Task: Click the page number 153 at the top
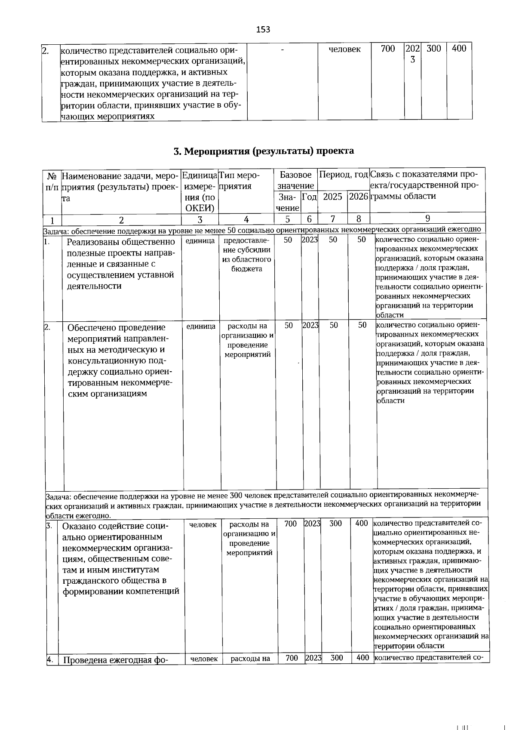(x=263, y=29)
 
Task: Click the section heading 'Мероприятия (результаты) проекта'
(x=264, y=151)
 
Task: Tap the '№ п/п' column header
(x=52, y=182)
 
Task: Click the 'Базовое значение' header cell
(x=295, y=180)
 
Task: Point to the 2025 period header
(x=332, y=197)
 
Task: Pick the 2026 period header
(x=358, y=197)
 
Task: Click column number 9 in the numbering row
(x=427, y=219)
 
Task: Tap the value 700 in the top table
(x=388, y=49)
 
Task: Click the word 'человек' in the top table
(x=344, y=49)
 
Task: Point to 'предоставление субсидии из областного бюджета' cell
(x=247, y=254)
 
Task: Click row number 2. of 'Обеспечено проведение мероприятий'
(x=48, y=327)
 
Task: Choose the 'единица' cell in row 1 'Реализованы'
(x=200, y=241)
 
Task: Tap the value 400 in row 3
(x=362, y=523)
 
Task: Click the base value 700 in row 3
(x=291, y=524)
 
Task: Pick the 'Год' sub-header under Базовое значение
(x=309, y=197)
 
